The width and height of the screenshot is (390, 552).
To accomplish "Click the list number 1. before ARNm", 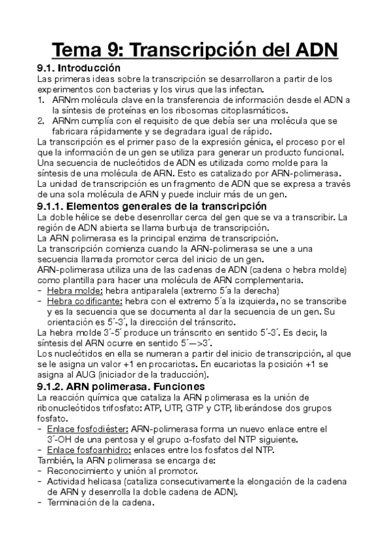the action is (x=42, y=100).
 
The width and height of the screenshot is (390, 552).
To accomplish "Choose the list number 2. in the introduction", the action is (x=42, y=120).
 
